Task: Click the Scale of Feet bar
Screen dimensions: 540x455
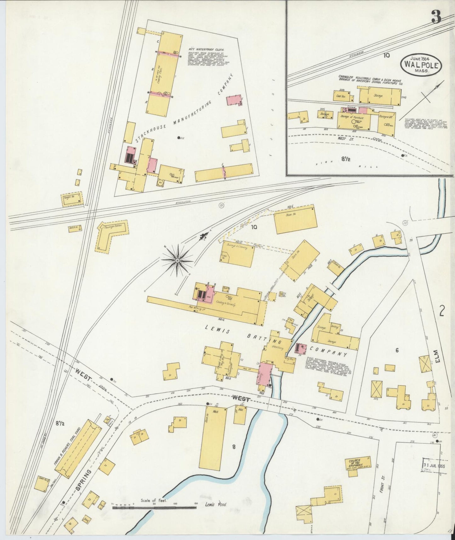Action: [154, 508]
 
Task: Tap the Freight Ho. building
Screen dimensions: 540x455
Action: [72, 199]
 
